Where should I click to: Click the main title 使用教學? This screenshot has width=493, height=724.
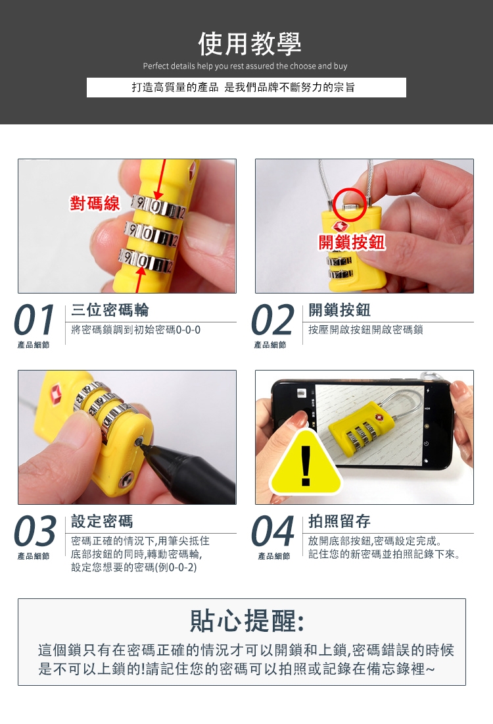(x=250, y=44)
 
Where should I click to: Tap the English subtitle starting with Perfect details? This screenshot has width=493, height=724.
(x=245, y=66)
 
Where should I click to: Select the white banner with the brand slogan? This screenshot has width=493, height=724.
(x=246, y=88)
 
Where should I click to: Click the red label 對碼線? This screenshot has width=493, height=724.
(x=95, y=203)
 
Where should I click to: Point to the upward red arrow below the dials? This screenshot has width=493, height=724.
(x=139, y=278)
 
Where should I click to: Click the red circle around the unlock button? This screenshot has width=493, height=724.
(x=350, y=204)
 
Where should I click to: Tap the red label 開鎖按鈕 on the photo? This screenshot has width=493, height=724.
(x=352, y=242)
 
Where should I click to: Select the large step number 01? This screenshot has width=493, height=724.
(x=35, y=320)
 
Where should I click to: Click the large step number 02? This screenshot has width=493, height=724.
(x=273, y=320)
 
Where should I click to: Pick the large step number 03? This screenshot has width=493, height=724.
(x=35, y=531)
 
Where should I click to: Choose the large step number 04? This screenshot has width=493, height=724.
(x=273, y=531)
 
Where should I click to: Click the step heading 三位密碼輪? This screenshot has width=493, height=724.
(x=110, y=310)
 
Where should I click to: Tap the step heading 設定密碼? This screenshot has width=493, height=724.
(x=102, y=521)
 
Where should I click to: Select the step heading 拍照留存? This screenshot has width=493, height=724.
(x=339, y=521)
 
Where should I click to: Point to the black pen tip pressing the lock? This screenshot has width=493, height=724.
(x=140, y=442)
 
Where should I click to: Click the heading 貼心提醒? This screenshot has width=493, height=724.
(x=246, y=621)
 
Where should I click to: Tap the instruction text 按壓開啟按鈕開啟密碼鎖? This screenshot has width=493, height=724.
(x=365, y=330)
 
